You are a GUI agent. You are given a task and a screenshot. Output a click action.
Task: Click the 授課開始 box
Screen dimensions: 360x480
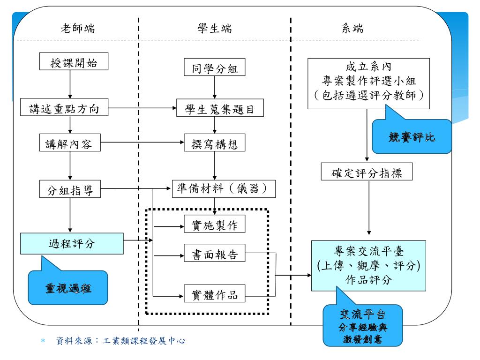pos(69,63)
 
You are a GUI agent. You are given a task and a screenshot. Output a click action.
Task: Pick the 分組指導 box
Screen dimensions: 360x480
pos(70,190)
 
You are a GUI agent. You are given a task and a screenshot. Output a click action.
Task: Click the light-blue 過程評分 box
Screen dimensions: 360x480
pos(71,244)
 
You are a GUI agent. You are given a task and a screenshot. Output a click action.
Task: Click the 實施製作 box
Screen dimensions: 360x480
pos(214,225)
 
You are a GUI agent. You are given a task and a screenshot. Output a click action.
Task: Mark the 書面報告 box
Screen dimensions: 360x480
pos(214,255)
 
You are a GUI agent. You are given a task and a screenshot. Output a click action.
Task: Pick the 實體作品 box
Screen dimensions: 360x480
pos(214,295)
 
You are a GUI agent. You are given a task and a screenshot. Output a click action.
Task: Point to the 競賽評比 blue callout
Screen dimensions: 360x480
pos(412,137)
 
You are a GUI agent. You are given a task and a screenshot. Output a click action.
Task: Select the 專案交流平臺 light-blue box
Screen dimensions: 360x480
pos(369,265)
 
